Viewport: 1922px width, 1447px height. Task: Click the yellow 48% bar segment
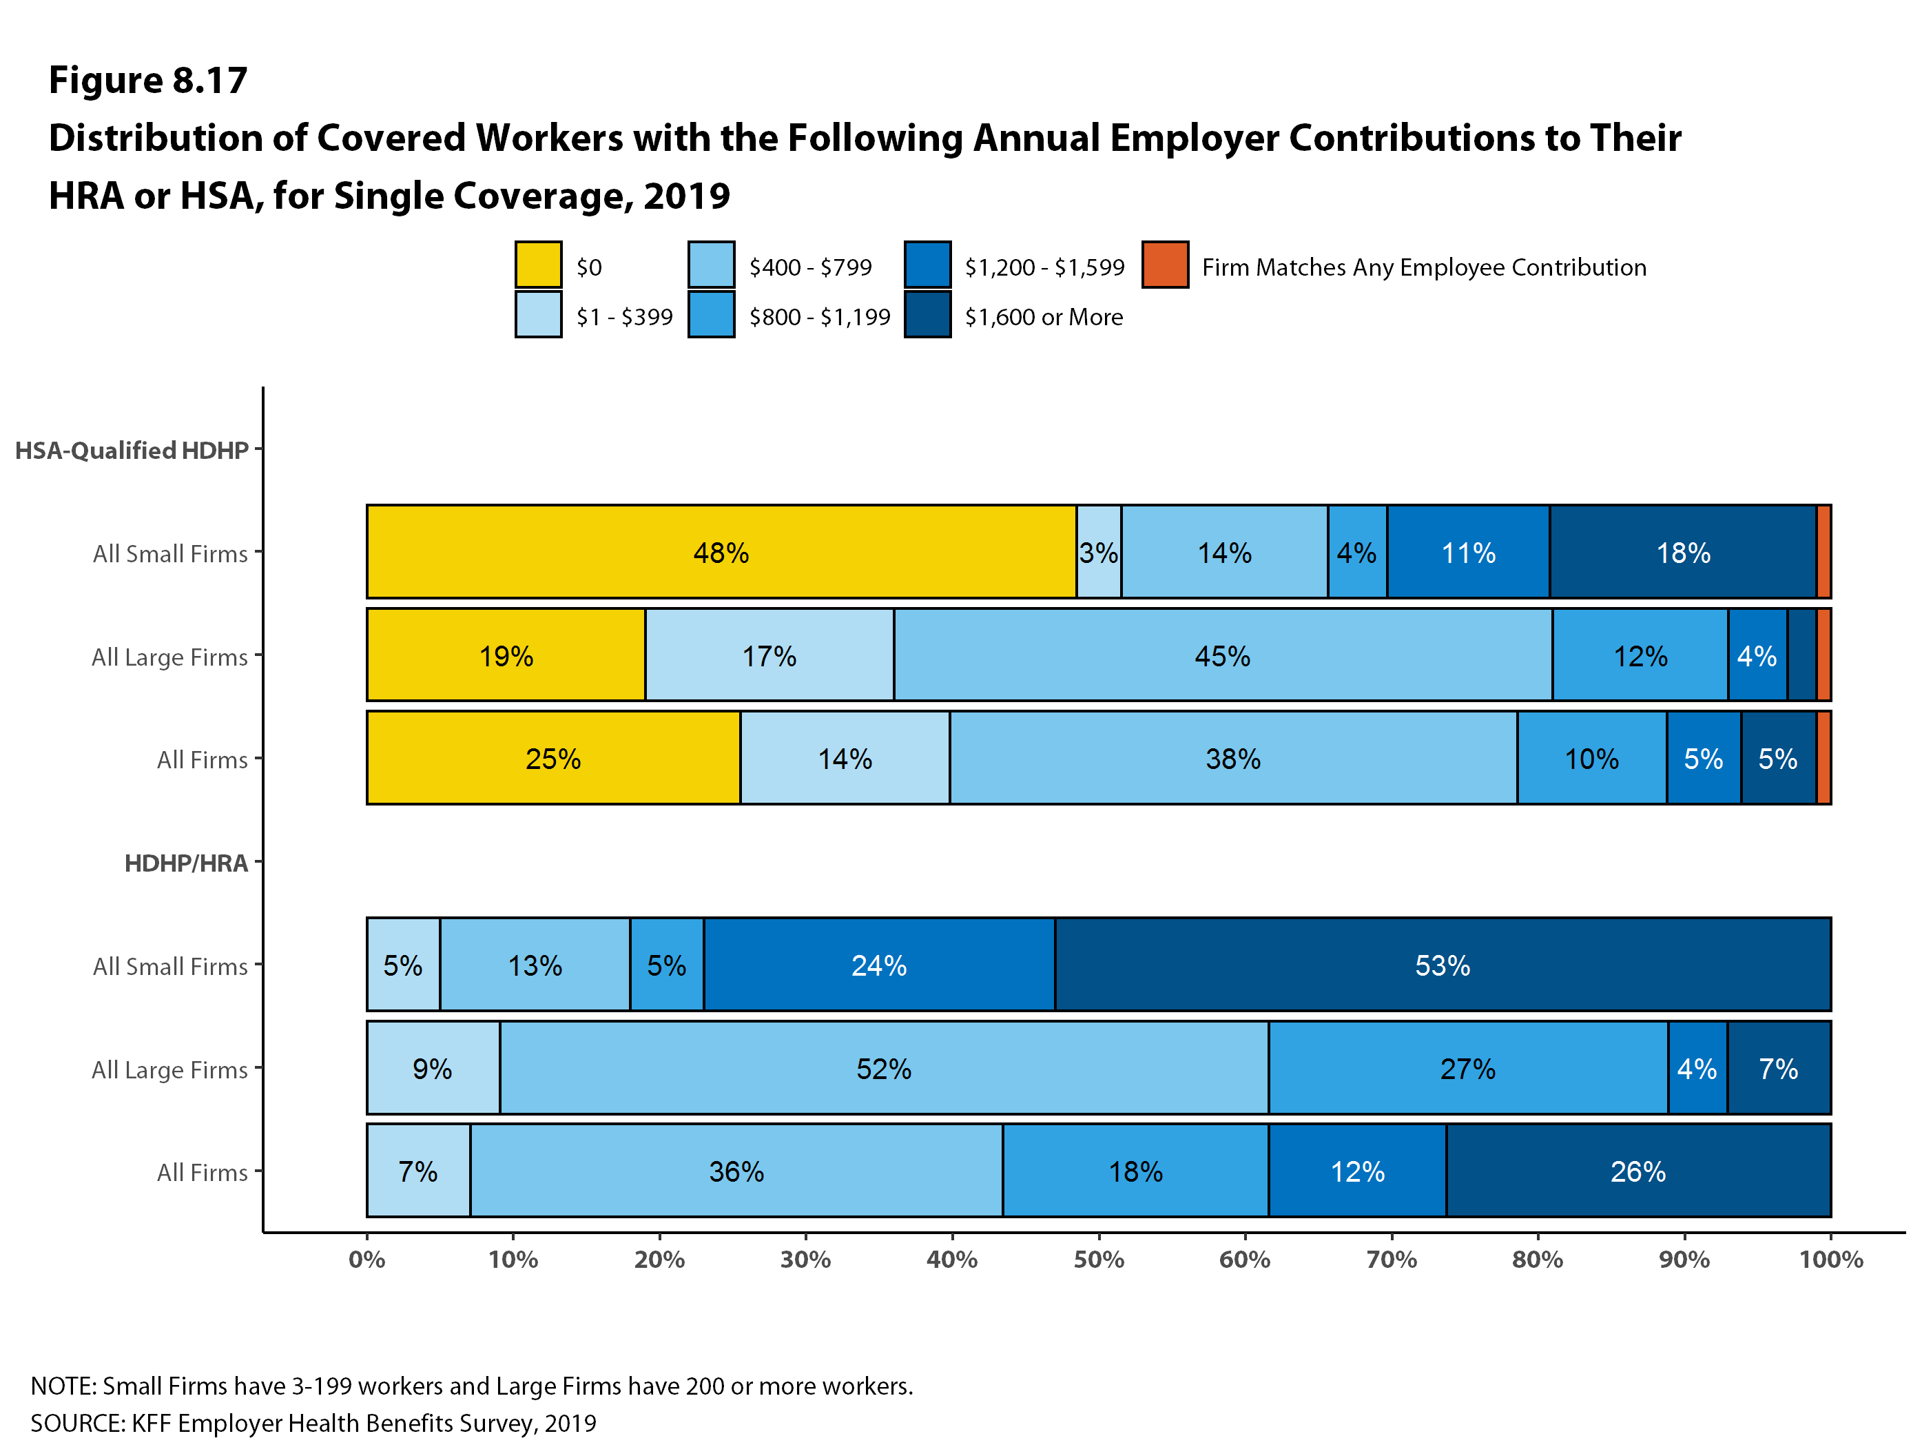721,552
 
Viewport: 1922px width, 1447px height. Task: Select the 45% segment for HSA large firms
1223,655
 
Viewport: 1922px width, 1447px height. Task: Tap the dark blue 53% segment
1443,965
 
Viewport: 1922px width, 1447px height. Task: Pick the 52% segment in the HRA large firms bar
884,1068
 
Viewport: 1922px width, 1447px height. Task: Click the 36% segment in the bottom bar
736,1171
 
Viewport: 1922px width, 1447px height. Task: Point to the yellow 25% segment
552,759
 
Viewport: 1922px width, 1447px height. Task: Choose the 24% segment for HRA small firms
878,965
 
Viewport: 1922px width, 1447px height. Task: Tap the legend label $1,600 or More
1043,317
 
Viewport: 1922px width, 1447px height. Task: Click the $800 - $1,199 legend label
819,317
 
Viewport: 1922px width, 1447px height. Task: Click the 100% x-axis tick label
1830,1260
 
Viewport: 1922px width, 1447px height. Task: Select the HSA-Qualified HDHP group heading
132,450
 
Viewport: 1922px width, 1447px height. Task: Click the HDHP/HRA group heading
186,863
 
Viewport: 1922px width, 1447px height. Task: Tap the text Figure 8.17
147,80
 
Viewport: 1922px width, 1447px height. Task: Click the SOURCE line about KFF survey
313,1423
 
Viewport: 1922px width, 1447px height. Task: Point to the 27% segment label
1467,1068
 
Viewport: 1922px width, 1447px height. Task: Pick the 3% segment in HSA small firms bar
1098,552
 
